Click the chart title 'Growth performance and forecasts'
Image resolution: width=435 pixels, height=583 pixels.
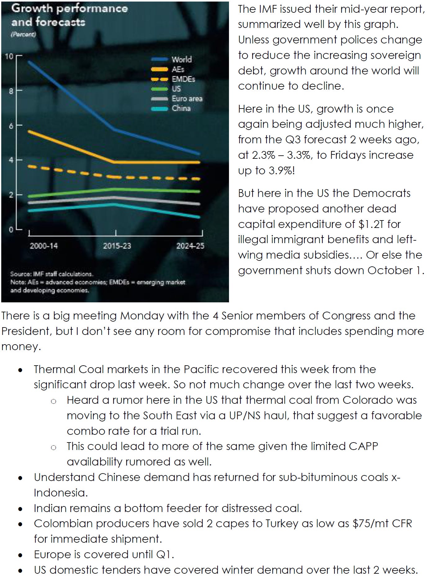pyautogui.click(x=70, y=15)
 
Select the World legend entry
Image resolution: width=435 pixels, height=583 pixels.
pyautogui.click(x=182, y=59)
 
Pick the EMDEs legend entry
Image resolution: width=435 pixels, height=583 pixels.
pyautogui.click(x=183, y=79)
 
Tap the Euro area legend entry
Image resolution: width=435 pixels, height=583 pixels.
pyautogui.click(x=187, y=99)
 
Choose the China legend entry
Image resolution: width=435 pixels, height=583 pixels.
pyautogui.click(x=181, y=108)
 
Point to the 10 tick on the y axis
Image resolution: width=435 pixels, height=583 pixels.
pyautogui.click(x=9, y=56)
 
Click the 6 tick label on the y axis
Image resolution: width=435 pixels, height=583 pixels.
pyautogui.click(x=11, y=126)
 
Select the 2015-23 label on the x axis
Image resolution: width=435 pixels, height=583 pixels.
pyautogui.click(x=117, y=246)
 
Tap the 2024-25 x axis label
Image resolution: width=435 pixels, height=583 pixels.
pyautogui.click(x=190, y=246)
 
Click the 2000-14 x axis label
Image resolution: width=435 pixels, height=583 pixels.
pyautogui.click(x=44, y=246)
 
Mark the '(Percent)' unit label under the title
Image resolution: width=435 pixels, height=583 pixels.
pyautogui.click(x=23, y=34)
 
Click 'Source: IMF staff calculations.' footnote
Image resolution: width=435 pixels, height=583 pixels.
pyautogui.click(x=52, y=274)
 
